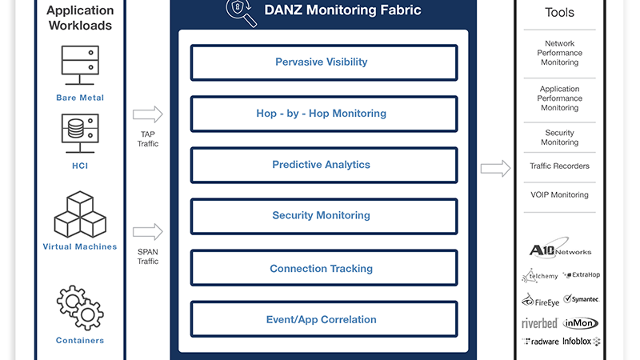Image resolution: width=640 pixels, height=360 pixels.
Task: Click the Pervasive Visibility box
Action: pos(324,62)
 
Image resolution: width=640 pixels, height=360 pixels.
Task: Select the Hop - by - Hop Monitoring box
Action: pos(324,114)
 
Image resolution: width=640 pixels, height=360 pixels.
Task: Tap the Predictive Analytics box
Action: pos(324,165)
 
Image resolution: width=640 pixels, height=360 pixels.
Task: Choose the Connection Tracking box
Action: pos(324,268)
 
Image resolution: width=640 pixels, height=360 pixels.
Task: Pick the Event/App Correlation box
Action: pos(324,319)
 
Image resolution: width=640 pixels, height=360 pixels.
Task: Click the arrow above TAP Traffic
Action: pos(148,114)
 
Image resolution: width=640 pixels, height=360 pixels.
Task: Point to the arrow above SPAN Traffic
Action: pos(148,232)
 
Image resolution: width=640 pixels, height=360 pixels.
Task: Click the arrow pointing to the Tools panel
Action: pos(495,168)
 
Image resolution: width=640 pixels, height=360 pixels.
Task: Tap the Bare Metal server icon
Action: pos(80,66)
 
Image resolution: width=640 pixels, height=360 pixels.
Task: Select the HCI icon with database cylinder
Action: pos(80,134)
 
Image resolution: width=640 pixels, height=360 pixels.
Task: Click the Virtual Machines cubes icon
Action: pos(80,214)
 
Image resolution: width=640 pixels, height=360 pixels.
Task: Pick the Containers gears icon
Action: pos(80,307)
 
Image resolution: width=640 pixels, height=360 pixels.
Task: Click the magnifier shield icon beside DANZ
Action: pos(242,12)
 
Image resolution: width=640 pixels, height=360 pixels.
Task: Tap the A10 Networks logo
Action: pos(559,248)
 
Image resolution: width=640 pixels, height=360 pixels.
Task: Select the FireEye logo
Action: pos(541,301)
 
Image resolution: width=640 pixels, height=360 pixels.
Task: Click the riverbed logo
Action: pos(539,324)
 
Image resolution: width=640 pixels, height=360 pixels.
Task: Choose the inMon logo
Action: pos(581,323)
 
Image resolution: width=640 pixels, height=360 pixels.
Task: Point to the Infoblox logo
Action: pos(582,342)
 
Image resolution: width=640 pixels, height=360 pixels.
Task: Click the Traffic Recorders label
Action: pos(559,166)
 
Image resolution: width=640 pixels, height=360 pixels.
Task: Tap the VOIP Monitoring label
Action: pos(559,195)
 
